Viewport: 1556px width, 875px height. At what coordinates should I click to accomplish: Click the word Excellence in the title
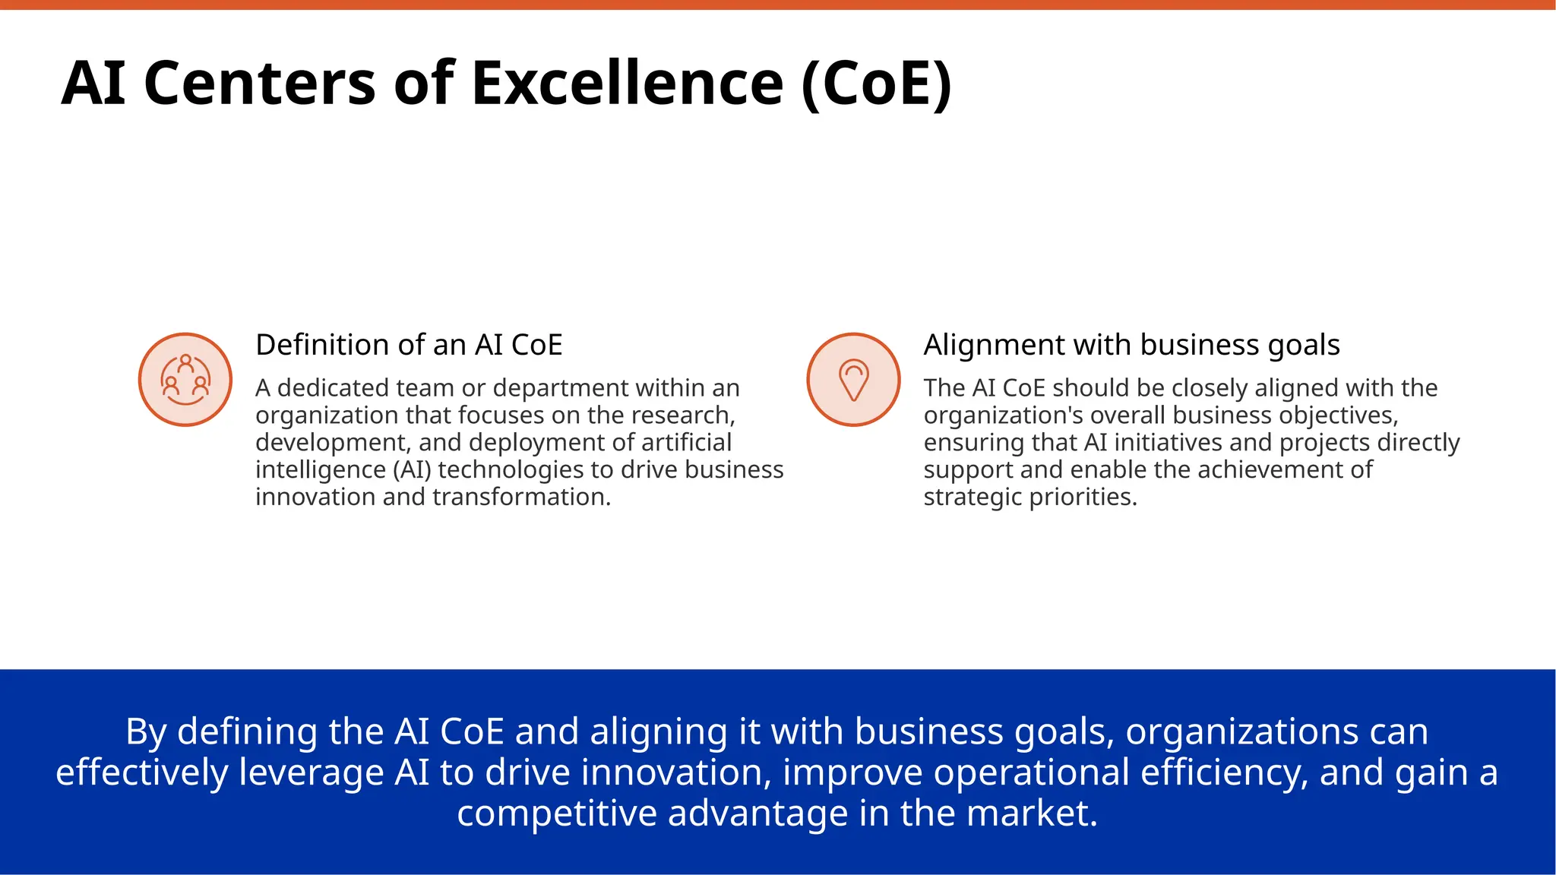(x=627, y=84)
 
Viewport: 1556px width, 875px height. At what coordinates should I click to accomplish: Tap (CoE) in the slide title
(x=876, y=84)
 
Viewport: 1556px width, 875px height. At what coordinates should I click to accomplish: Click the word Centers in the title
(x=259, y=84)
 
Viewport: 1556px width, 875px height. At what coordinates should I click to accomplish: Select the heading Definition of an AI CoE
(x=409, y=345)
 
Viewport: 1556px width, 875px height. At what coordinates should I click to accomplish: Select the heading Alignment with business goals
(x=1131, y=345)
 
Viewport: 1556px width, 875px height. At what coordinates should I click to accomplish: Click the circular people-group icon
(x=185, y=380)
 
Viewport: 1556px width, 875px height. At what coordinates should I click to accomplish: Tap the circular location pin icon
(x=853, y=380)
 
